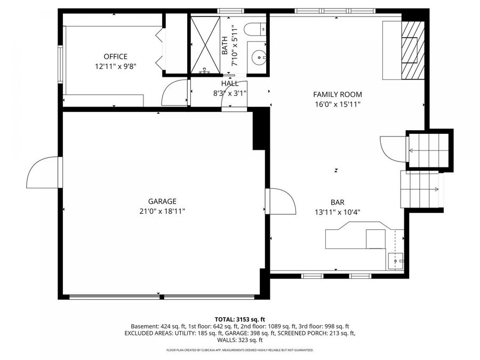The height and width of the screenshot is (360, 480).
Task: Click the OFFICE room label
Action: pyautogui.click(x=115, y=57)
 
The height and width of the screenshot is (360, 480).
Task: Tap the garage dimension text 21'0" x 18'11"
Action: pyautogui.click(x=162, y=211)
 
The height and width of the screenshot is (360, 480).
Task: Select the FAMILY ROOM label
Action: pyautogui.click(x=337, y=94)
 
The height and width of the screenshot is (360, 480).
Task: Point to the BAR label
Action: pyautogui.click(x=337, y=202)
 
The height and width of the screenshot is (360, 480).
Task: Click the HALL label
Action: pyautogui.click(x=230, y=83)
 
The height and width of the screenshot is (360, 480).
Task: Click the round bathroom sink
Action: pyautogui.click(x=260, y=55)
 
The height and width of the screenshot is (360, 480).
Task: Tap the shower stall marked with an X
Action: pyautogui.click(x=205, y=44)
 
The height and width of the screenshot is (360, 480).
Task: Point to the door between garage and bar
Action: pyautogui.click(x=282, y=201)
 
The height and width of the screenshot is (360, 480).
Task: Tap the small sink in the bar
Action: pyautogui.click(x=395, y=261)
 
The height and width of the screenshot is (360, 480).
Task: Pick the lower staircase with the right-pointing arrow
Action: pyautogui.click(x=421, y=189)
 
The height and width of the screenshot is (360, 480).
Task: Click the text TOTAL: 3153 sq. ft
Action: pyautogui.click(x=239, y=318)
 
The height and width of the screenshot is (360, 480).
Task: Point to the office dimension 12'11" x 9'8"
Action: pyautogui.click(x=115, y=67)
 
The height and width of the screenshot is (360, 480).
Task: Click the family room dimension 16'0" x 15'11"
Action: pyautogui.click(x=337, y=105)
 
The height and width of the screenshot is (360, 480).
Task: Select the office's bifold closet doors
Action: pyautogui.click(x=159, y=51)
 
